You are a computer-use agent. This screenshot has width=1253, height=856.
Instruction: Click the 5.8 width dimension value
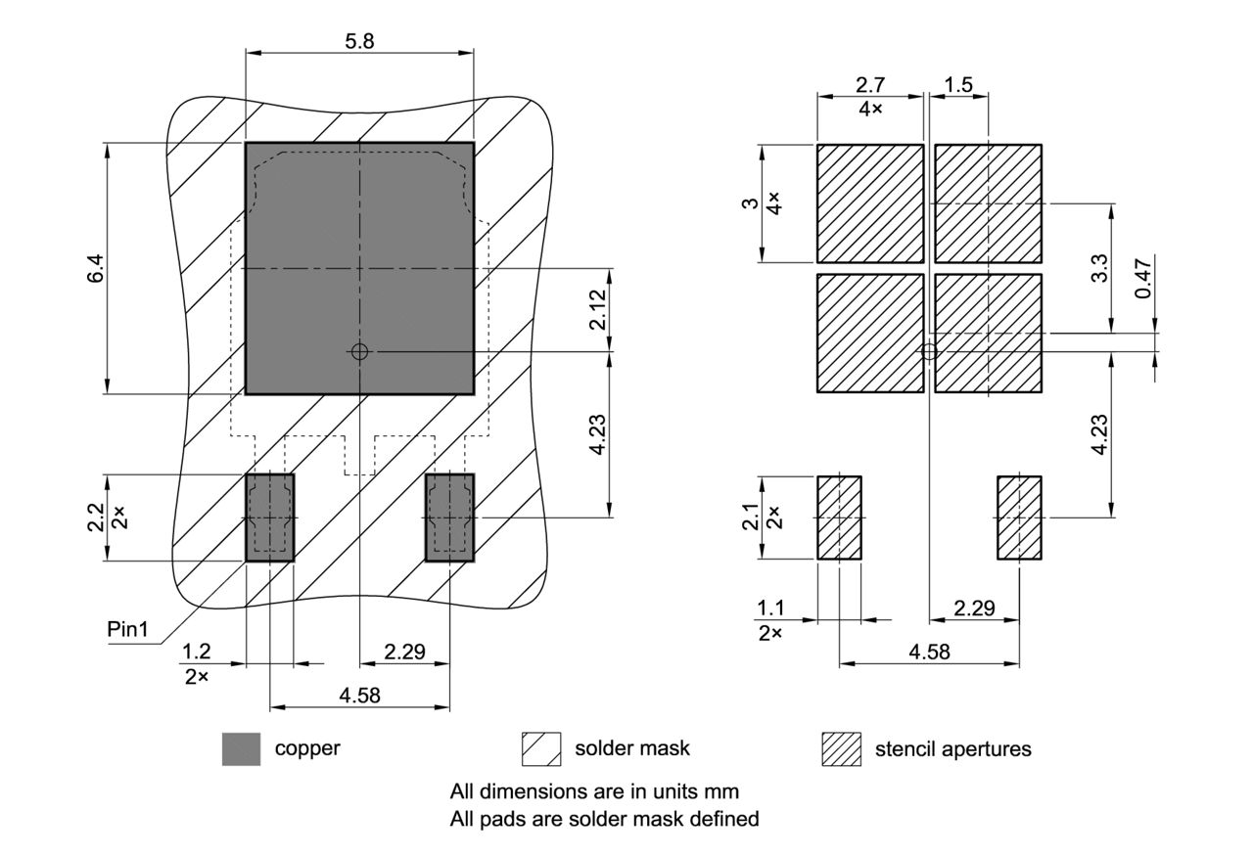[359, 41]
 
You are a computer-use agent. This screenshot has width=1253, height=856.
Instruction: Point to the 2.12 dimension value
[598, 308]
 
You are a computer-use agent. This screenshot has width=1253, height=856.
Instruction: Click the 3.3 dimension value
[1099, 268]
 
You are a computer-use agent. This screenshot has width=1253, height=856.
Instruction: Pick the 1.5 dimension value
[959, 85]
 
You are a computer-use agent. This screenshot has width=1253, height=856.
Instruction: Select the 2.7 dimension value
[870, 85]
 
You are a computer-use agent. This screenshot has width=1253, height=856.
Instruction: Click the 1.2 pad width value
[197, 652]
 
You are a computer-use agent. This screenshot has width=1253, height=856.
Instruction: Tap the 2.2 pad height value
[96, 517]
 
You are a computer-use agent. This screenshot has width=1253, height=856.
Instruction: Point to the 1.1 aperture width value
[770, 608]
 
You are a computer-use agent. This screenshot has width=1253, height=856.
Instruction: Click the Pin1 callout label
[127, 629]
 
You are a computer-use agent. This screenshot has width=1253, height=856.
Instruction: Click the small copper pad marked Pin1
[269, 518]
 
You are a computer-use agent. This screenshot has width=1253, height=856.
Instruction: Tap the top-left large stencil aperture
[870, 203]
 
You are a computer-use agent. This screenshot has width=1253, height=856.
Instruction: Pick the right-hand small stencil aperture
[1019, 518]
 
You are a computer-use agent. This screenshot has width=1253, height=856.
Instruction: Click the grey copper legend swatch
[242, 749]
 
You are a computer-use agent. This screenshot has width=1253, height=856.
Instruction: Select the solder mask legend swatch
[541, 749]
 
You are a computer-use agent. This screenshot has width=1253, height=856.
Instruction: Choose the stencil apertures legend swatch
[841, 749]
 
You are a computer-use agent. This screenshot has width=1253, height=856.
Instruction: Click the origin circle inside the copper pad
[359, 351]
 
